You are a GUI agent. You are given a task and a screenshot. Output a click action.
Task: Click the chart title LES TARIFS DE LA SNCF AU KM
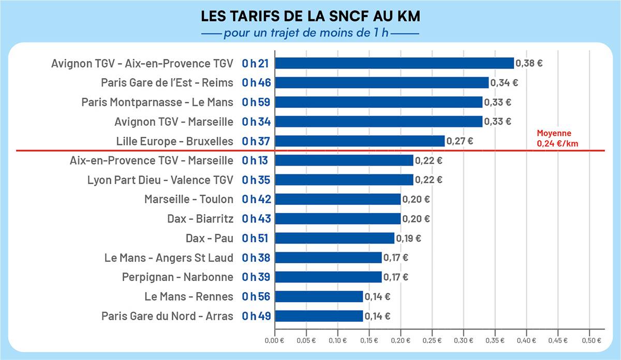pyautogui.click(x=310, y=17)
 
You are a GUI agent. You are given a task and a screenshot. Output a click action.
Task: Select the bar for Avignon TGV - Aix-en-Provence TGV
pyautogui.click(x=394, y=63)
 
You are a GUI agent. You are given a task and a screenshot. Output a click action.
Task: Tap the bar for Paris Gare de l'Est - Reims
pyautogui.click(x=381, y=83)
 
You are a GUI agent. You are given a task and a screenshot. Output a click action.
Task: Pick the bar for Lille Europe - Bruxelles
pyautogui.click(x=359, y=141)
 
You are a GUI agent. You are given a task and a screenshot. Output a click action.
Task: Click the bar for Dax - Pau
pyautogui.click(x=334, y=238)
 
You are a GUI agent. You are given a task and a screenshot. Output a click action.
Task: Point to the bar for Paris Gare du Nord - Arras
pyautogui.click(x=318, y=316)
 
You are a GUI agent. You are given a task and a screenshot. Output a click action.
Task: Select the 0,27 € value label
pyautogui.click(x=460, y=141)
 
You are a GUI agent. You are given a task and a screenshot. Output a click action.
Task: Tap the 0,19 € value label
pyautogui.click(x=409, y=238)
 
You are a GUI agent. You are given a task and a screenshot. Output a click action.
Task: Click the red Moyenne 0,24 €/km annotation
pyautogui.click(x=557, y=139)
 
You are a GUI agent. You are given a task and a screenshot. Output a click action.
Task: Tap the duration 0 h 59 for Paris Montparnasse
pyautogui.click(x=257, y=102)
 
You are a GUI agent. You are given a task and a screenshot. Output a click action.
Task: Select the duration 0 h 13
pyautogui.click(x=255, y=160)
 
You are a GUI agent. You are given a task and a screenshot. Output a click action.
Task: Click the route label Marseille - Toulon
pyautogui.click(x=189, y=199)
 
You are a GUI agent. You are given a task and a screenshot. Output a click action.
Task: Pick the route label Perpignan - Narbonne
pyautogui.click(x=178, y=277)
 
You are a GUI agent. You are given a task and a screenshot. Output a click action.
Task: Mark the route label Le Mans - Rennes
pyautogui.click(x=189, y=296)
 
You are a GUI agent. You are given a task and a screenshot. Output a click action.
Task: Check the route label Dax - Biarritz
pyautogui.click(x=200, y=219)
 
